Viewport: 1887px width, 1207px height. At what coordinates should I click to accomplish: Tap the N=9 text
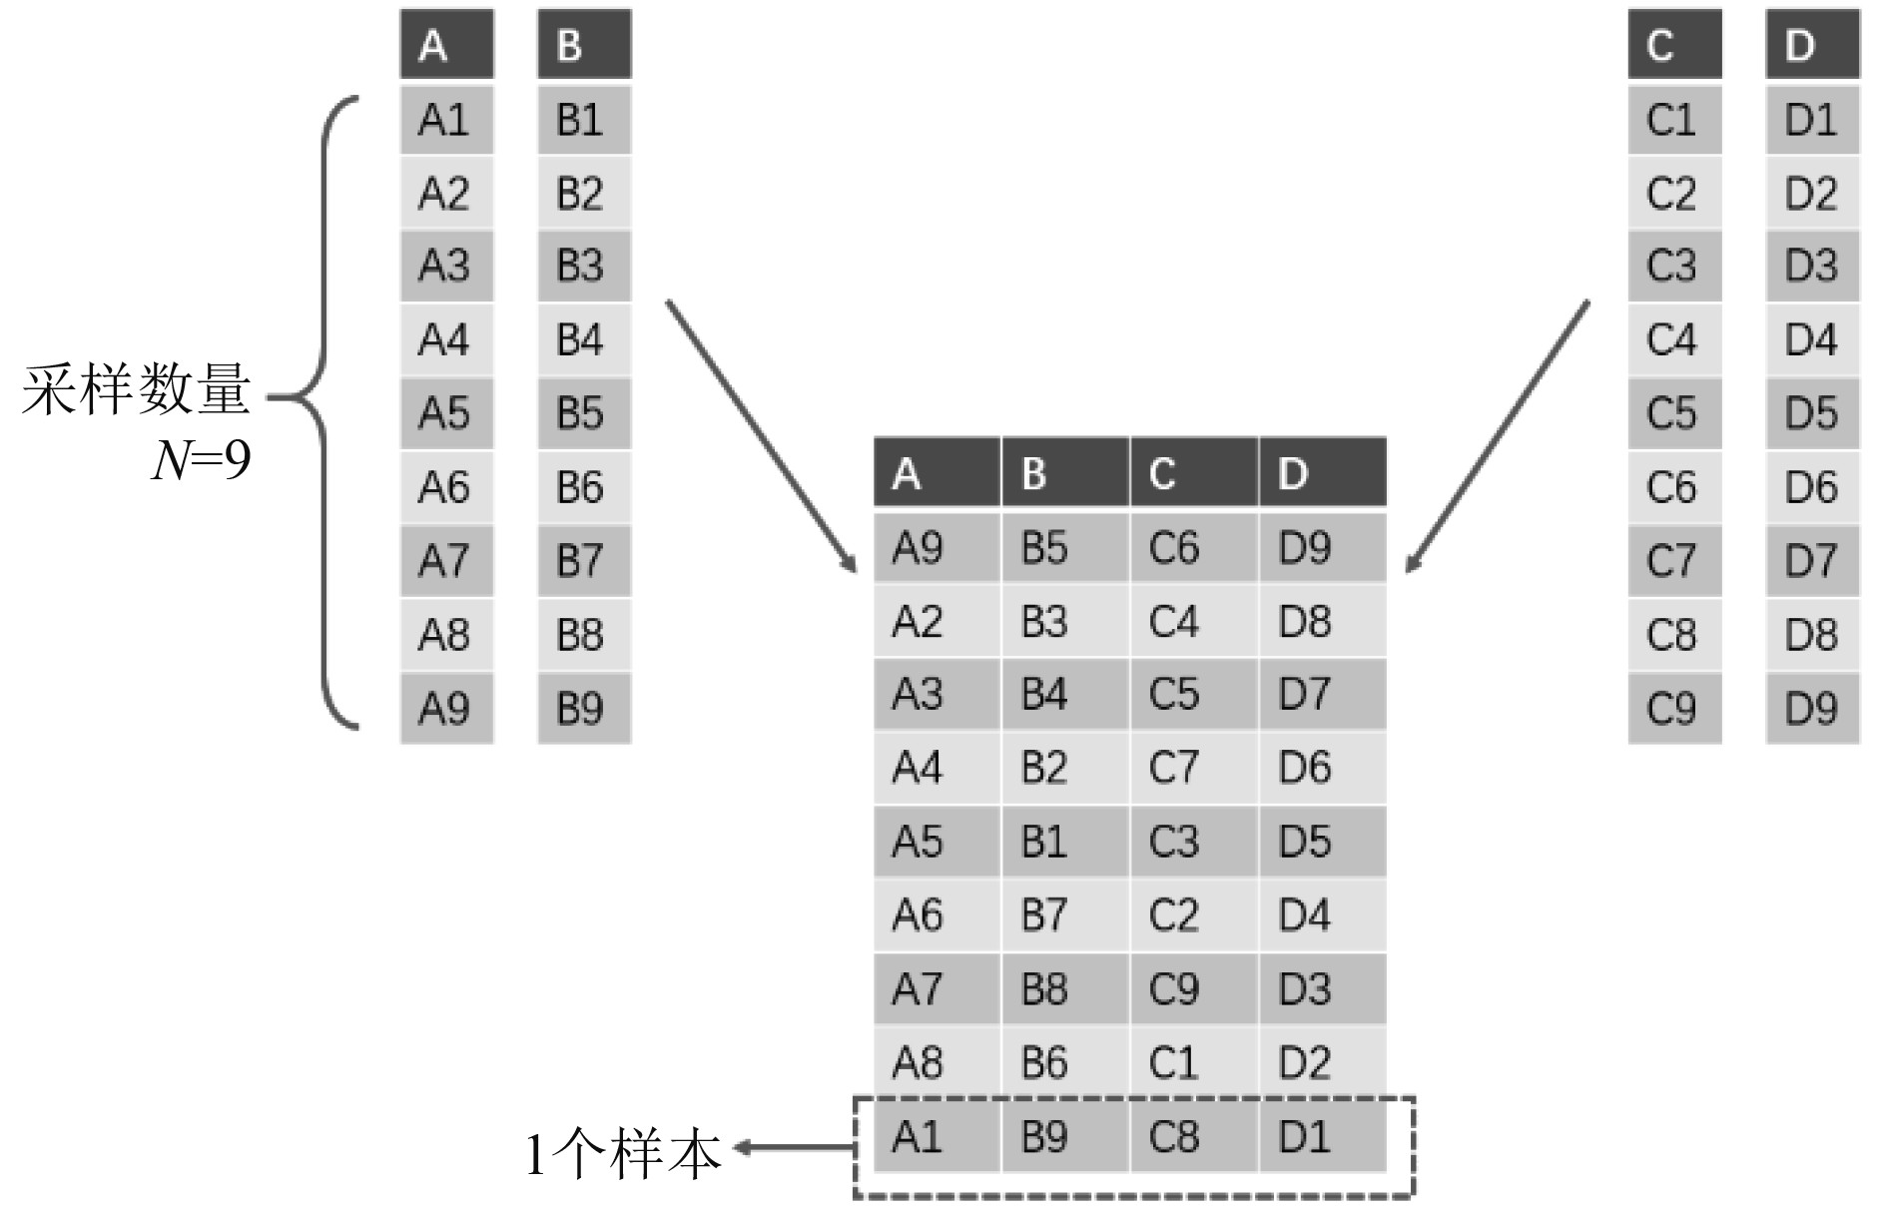pyautogui.click(x=201, y=460)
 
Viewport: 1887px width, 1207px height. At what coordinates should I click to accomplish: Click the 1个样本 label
pyautogui.click(x=623, y=1154)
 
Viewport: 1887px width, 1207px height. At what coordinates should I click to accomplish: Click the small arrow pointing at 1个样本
pyautogui.click(x=794, y=1148)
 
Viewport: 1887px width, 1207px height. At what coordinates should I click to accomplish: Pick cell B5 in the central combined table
pyautogui.click(x=1064, y=547)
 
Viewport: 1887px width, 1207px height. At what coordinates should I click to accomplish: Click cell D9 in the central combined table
pyautogui.click(x=1322, y=547)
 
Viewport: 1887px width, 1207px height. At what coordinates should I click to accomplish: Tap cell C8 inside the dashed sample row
pyautogui.click(x=1193, y=1136)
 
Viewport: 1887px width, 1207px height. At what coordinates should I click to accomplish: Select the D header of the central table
pyautogui.click(x=1322, y=472)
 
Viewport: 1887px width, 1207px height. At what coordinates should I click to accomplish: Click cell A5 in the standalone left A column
pyautogui.click(x=446, y=412)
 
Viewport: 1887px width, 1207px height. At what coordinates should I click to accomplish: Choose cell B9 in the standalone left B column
pyautogui.click(x=584, y=708)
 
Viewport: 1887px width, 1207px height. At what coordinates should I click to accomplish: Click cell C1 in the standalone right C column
pyautogui.click(x=1674, y=120)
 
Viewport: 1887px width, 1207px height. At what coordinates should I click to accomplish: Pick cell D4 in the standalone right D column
pyautogui.click(x=1812, y=339)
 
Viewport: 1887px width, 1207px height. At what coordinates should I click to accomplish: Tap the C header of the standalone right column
pyautogui.click(x=1674, y=45)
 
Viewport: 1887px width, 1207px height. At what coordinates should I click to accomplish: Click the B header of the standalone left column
pyautogui.click(x=584, y=45)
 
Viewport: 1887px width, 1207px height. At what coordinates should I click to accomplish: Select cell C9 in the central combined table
pyautogui.click(x=1193, y=988)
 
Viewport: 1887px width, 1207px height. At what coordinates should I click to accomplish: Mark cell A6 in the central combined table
pyautogui.click(x=936, y=914)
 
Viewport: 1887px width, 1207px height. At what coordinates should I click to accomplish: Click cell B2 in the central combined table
pyautogui.click(x=1064, y=768)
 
